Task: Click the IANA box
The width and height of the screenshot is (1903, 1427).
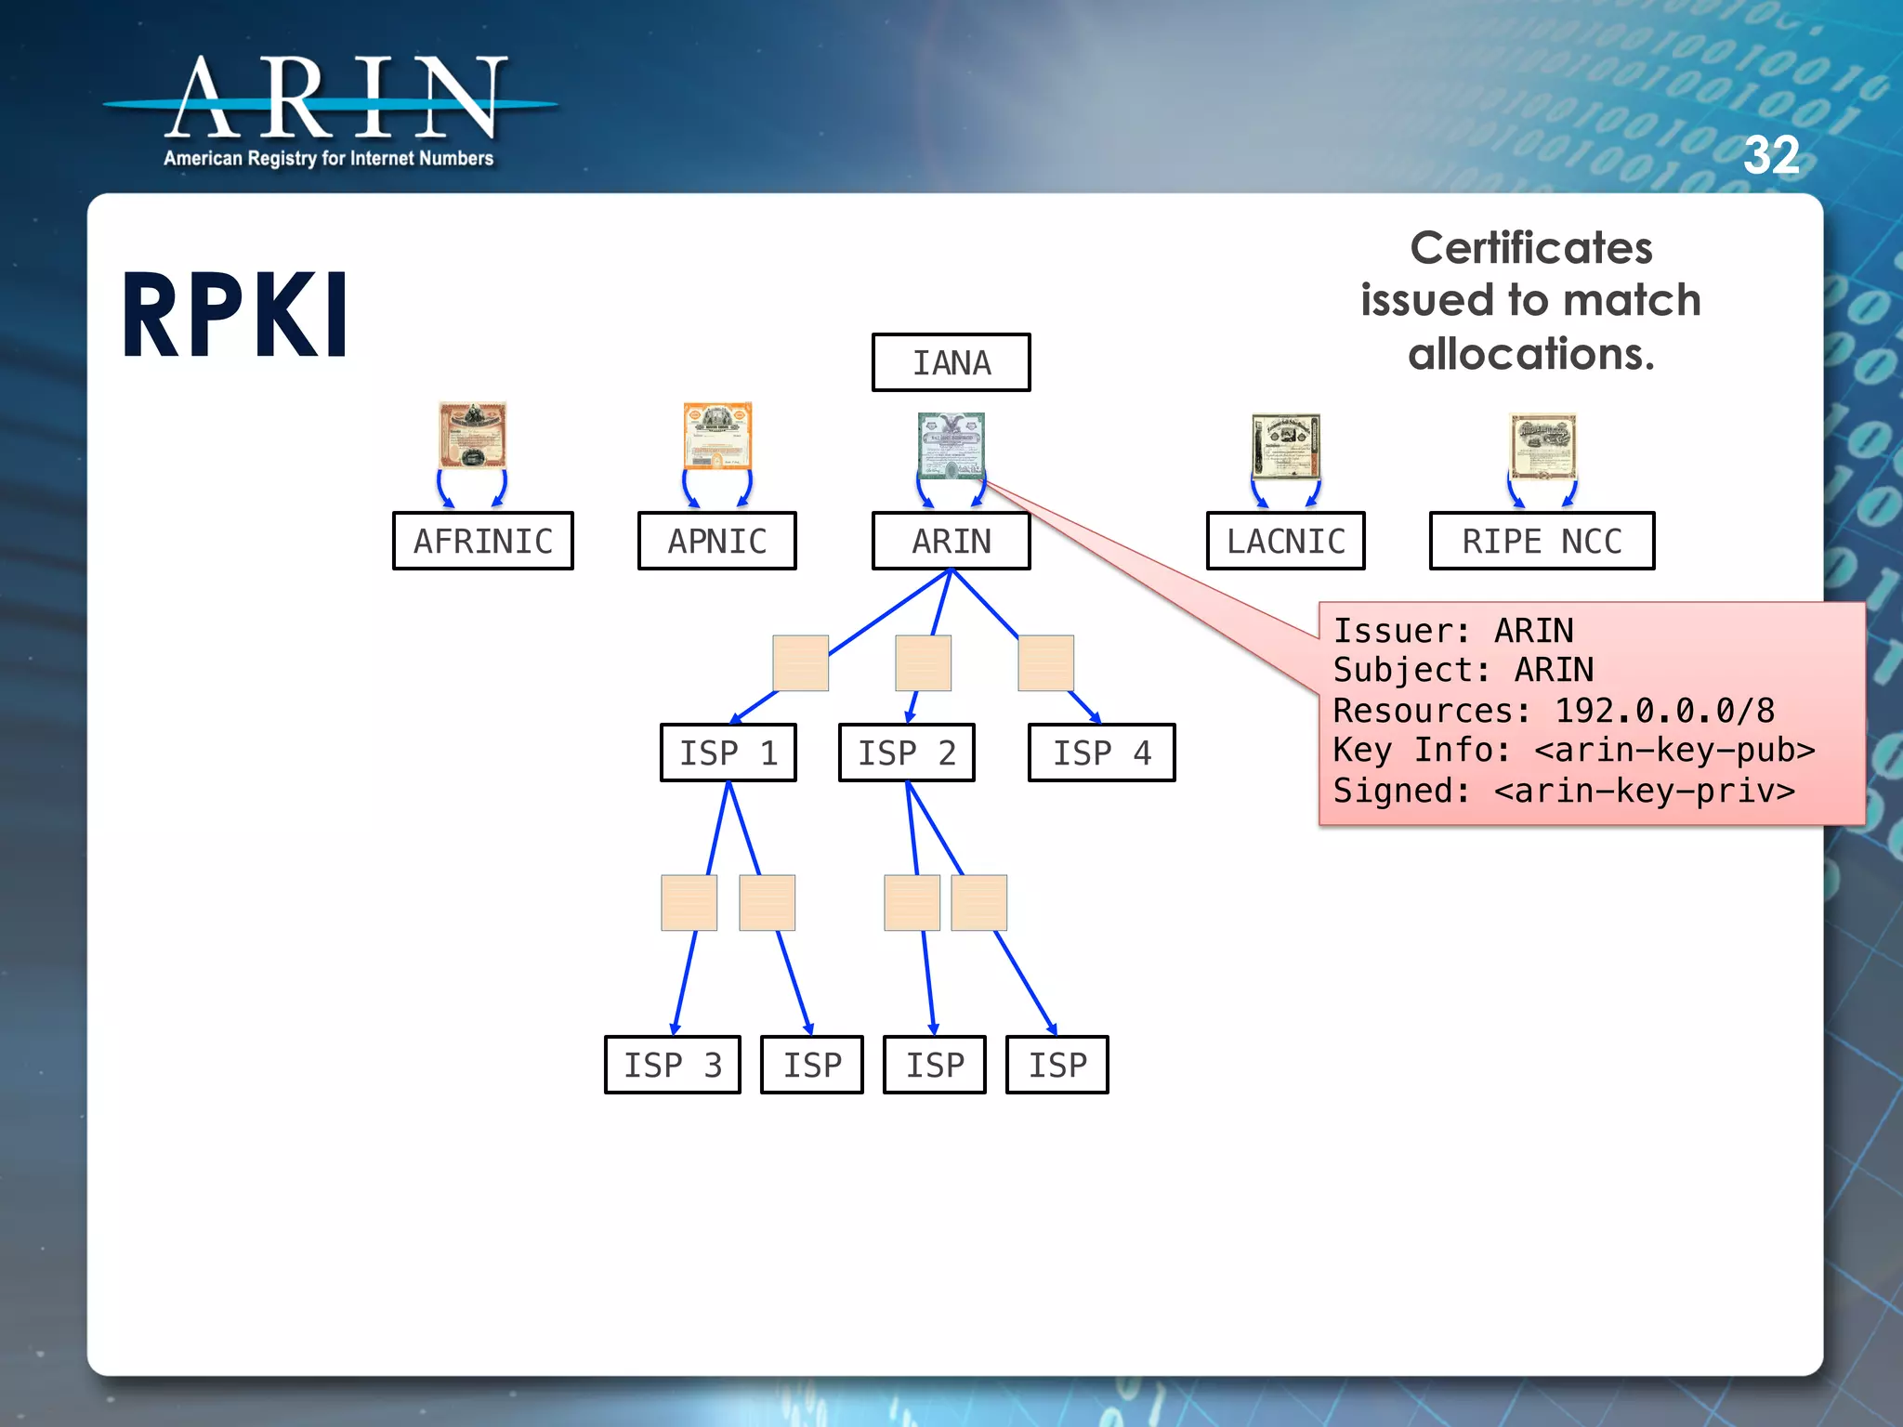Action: pyautogui.click(x=951, y=362)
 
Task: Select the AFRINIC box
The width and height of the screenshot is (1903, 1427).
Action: pyautogui.click(x=482, y=541)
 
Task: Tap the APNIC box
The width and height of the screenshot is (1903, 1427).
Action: pyautogui.click(x=716, y=541)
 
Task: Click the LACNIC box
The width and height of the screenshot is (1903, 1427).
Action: pyautogui.click(x=1285, y=541)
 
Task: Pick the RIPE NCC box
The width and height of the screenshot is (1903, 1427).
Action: pyautogui.click(x=1542, y=541)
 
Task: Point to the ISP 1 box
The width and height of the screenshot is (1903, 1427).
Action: pyautogui.click(x=728, y=753)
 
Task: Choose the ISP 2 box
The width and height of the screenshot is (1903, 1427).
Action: pyautogui.click(x=906, y=753)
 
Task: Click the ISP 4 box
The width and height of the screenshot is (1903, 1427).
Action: pyautogui.click(x=1101, y=753)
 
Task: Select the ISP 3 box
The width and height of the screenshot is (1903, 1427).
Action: pyautogui.click(x=672, y=1065)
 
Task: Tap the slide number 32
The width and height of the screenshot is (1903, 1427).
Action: pyautogui.click(x=1771, y=155)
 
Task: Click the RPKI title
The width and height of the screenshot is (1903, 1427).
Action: pyautogui.click(x=235, y=316)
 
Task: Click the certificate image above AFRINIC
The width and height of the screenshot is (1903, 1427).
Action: pyautogui.click(x=473, y=435)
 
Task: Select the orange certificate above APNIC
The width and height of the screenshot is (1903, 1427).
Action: pyautogui.click(x=717, y=435)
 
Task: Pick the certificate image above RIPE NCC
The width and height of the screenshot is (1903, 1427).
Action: pyautogui.click(x=1542, y=445)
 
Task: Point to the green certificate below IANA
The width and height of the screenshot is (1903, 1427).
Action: pyautogui.click(x=951, y=445)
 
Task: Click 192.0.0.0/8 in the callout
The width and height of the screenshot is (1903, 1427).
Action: pyautogui.click(x=1664, y=711)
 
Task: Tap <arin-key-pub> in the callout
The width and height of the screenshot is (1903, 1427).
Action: pyautogui.click(x=1674, y=750)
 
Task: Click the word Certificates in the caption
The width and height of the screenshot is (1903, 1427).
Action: pyautogui.click(x=1530, y=248)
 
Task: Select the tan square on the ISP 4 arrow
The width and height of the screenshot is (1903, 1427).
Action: pyautogui.click(x=1045, y=663)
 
